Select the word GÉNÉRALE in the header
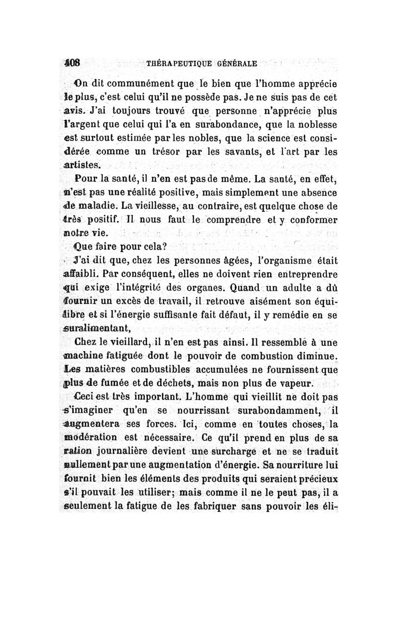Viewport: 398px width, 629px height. tap(236, 64)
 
